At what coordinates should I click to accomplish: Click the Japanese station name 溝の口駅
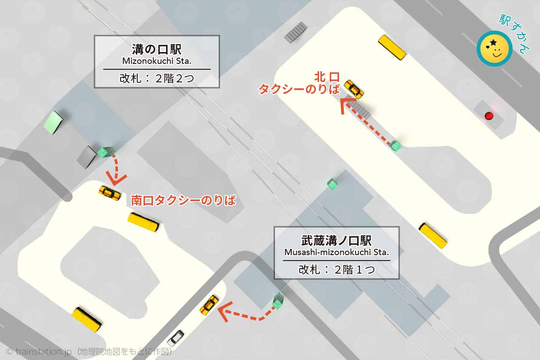tap(157, 49)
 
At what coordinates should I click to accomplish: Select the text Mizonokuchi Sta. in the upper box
tap(157, 61)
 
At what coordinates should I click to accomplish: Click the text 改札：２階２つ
tap(157, 78)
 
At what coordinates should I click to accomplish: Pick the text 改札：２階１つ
tap(337, 270)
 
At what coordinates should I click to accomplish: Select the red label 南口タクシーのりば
tap(183, 201)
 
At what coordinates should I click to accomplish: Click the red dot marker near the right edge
tap(489, 116)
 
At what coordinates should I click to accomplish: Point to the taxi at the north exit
tap(354, 89)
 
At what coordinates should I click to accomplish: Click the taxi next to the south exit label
tap(109, 193)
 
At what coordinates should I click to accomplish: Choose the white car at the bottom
tap(175, 337)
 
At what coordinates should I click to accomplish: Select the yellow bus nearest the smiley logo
tap(391, 47)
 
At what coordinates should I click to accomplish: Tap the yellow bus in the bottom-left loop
tap(87, 319)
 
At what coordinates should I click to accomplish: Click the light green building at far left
tap(54, 121)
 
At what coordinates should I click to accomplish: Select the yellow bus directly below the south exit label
tap(144, 221)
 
